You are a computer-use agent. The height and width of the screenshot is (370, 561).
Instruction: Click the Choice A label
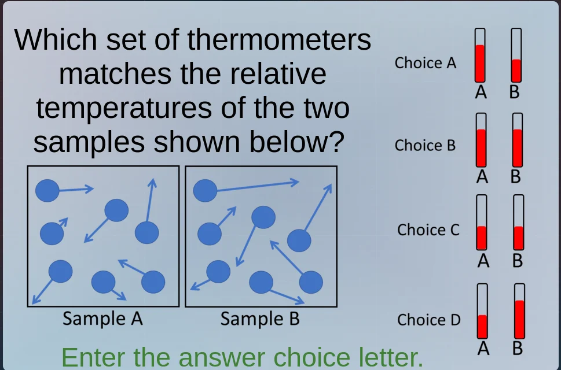tap(426, 63)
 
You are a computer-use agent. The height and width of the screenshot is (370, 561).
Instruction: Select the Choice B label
tap(426, 146)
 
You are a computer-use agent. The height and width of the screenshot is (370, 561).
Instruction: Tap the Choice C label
tap(428, 230)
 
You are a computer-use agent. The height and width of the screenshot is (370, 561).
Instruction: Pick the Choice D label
tap(428, 320)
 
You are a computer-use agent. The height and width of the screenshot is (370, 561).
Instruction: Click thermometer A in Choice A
tap(480, 55)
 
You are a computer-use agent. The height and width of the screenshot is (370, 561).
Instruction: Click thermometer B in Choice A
tap(516, 55)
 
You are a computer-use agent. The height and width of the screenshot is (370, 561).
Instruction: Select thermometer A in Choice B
tap(481, 140)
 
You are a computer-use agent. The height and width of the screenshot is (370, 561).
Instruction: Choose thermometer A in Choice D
tap(482, 312)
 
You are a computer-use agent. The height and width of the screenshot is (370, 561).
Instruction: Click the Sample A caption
tap(102, 319)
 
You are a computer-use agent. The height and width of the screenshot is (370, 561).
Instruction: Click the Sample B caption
tap(260, 319)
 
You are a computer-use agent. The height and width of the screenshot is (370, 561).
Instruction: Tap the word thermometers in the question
tap(280, 40)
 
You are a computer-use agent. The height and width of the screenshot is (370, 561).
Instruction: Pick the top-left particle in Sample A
tap(47, 190)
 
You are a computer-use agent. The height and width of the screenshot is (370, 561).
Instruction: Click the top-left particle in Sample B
tap(205, 190)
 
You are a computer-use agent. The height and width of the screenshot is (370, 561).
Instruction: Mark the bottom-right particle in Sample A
tap(153, 282)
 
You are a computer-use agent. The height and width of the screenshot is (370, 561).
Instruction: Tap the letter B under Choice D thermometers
tap(518, 349)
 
